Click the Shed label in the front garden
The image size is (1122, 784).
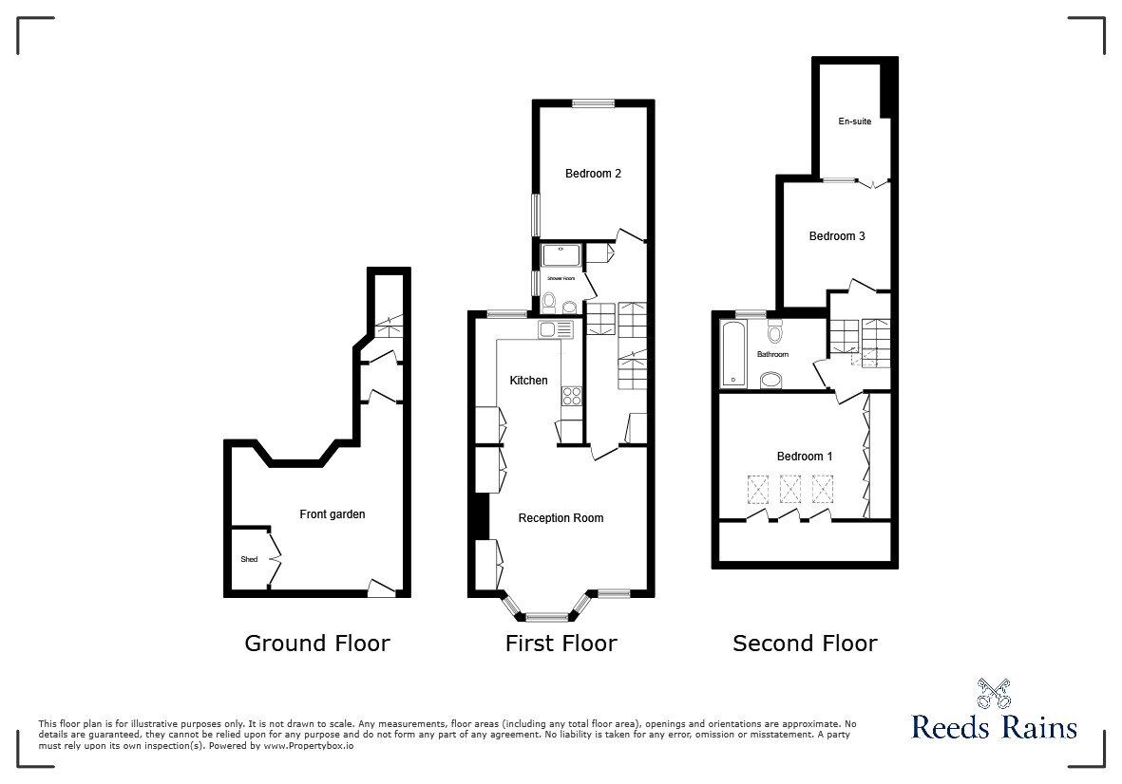point(248,559)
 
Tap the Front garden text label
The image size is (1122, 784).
point(333,514)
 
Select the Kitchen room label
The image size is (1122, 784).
point(529,381)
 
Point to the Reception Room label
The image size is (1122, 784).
point(561,518)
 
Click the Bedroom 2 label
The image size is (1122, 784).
point(593,174)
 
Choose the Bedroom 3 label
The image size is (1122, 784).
point(837,236)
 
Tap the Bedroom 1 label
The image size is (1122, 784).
point(805,457)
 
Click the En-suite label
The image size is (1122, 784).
point(854,121)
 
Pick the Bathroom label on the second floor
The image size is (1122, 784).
point(772,354)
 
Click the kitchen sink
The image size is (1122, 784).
point(556,329)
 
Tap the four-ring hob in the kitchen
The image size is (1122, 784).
point(572,395)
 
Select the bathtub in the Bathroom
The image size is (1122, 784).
point(734,354)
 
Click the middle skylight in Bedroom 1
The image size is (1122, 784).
point(790,489)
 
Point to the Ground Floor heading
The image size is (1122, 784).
point(317,644)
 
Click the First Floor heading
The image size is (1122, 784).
point(561,644)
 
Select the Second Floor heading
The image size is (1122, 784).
point(805,644)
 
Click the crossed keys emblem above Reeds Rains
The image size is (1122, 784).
point(993,695)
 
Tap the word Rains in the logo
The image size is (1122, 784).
point(1038,728)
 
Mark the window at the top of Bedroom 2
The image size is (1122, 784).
point(592,103)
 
